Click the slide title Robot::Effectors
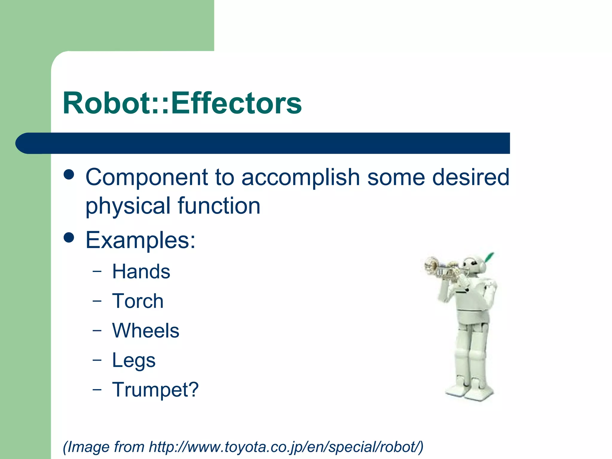click(182, 103)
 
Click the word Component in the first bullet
click(146, 177)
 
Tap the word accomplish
click(300, 177)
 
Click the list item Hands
click(141, 272)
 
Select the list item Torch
click(138, 301)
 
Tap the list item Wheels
click(146, 331)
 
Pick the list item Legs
click(134, 360)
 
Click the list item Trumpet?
click(155, 390)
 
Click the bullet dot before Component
click(69, 175)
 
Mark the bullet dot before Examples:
click(69, 238)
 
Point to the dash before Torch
click(97, 301)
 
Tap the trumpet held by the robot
click(439, 267)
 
